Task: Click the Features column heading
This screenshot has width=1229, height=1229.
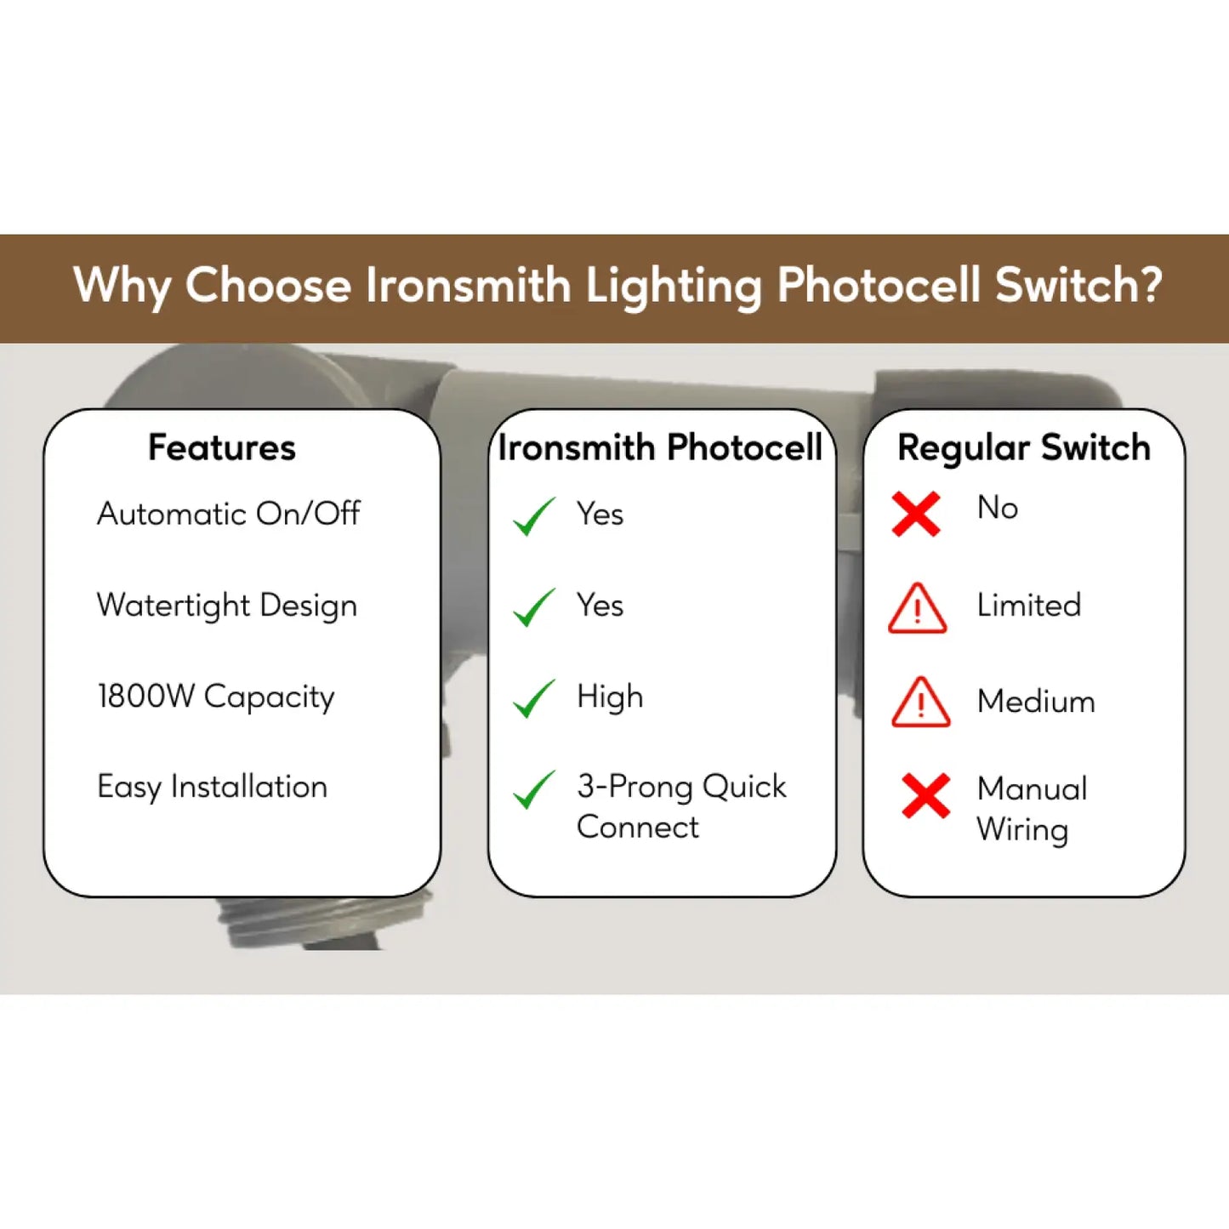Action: [222, 447]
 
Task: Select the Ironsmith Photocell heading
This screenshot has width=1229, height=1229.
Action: [660, 447]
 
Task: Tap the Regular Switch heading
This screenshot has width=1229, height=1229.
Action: [1024, 447]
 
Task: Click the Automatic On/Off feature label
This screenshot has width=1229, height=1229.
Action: [228, 514]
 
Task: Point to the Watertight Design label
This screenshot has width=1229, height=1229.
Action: [227, 606]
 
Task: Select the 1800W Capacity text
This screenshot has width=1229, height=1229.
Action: [215, 697]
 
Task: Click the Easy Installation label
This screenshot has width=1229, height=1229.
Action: [213, 787]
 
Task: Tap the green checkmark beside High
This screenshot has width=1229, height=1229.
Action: [534, 698]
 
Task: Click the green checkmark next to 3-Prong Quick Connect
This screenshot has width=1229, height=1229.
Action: [534, 789]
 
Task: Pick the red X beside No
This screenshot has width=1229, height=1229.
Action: [916, 514]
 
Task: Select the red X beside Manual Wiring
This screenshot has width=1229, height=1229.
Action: [926, 795]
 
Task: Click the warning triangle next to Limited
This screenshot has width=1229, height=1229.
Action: [917, 608]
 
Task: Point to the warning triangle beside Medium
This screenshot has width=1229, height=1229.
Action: [920, 703]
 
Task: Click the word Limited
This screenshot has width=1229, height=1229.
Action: [1029, 605]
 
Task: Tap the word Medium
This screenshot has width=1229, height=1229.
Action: [1037, 702]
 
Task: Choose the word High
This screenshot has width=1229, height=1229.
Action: [610, 697]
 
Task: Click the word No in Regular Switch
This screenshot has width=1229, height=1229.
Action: [998, 509]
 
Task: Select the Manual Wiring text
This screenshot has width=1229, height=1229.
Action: [1032, 810]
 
